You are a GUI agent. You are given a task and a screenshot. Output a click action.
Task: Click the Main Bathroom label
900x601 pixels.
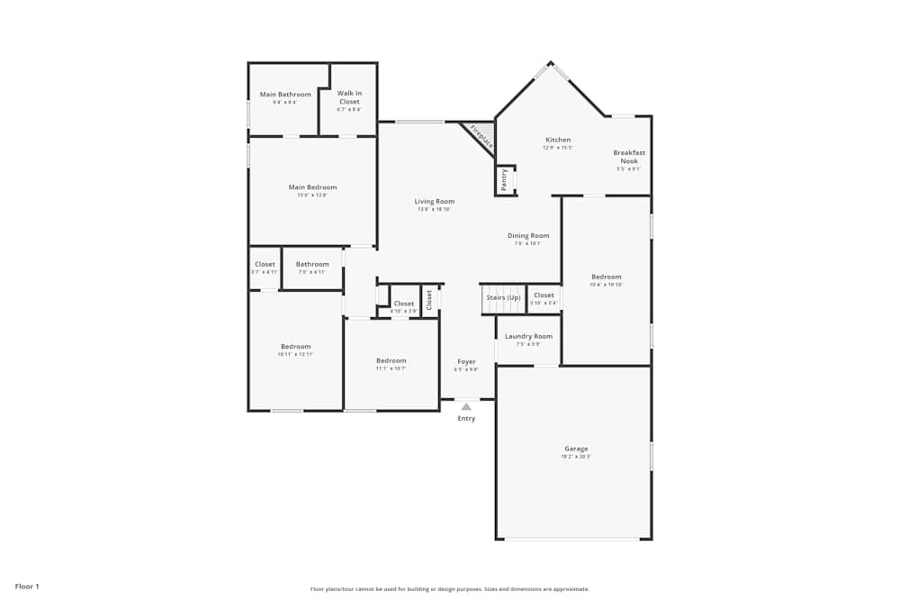[285, 95]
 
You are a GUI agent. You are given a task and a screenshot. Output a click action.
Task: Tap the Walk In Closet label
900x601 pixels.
[349, 97]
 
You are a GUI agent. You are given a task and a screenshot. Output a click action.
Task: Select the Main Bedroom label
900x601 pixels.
[312, 187]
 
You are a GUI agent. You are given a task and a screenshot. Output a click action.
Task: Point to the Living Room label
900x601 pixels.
[434, 202]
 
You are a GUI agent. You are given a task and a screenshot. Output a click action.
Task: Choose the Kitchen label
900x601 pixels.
[558, 140]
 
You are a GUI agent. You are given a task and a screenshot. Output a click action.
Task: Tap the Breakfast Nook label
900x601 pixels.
[629, 157]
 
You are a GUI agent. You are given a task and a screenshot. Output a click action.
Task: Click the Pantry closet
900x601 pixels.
[505, 179]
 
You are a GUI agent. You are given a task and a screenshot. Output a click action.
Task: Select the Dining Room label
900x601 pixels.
[527, 236]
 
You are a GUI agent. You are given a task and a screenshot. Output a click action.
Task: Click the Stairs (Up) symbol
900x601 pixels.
[503, 298]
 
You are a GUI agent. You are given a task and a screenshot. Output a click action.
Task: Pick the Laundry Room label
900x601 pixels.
[528, 336]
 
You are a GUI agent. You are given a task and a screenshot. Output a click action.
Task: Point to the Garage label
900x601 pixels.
[576, 449]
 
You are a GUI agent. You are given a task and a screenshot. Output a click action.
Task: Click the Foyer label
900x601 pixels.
[466, 361]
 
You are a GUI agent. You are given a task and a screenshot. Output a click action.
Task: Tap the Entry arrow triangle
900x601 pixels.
[466, 407]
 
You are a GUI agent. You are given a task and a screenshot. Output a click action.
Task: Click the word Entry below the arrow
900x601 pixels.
[466, 419]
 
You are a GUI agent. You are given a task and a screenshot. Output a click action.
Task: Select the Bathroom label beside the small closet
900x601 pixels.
[312, 264]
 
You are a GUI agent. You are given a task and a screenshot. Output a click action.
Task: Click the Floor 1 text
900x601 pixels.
[27, 587]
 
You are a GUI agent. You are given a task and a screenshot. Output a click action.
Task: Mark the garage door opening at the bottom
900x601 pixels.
[573, 539]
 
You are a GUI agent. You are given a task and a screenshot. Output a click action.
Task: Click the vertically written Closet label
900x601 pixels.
[429, 299]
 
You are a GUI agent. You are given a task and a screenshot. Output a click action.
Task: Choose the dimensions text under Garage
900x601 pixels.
[576, 457]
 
